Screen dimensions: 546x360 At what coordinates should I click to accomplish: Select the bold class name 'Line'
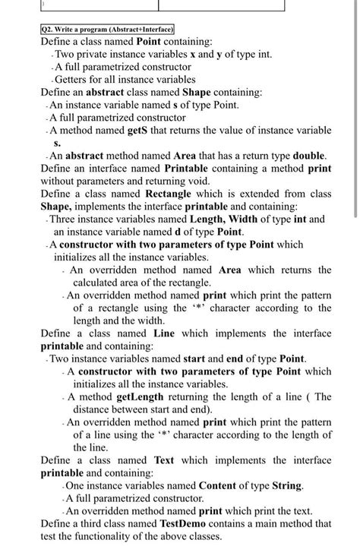(163, 333)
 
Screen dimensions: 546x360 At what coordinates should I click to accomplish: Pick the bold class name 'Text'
(163, 460)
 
